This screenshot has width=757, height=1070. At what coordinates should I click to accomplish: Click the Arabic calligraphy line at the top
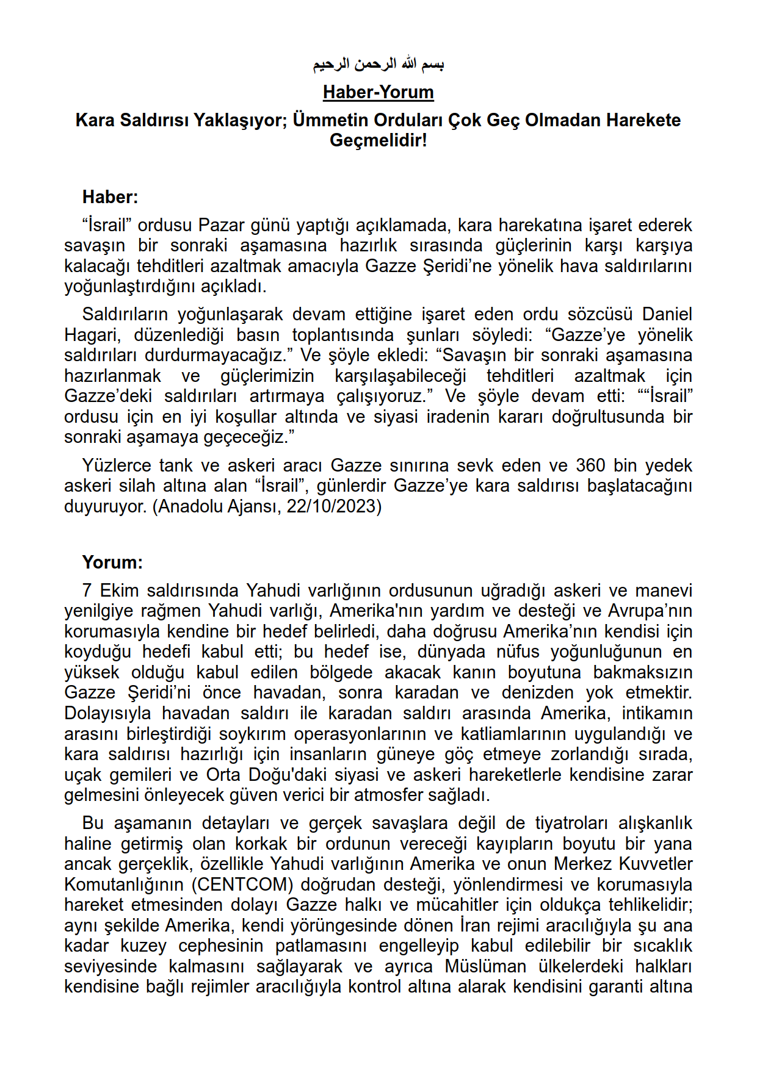(378, 64)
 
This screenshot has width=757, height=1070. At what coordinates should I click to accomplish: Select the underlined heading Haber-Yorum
(378, 92)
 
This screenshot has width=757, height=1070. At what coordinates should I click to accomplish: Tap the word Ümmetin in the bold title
(326, 120)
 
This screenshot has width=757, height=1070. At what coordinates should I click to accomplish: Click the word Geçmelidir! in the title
(378, 140)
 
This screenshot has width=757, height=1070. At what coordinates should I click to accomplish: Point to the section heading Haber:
(110, 197)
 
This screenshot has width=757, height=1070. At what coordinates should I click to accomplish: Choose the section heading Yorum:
(112, 562)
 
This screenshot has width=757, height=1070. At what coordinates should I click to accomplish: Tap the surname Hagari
(92, 335)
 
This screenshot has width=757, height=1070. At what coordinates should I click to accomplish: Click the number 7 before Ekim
(87, 591)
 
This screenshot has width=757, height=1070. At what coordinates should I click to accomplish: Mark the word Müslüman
(485, 966)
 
